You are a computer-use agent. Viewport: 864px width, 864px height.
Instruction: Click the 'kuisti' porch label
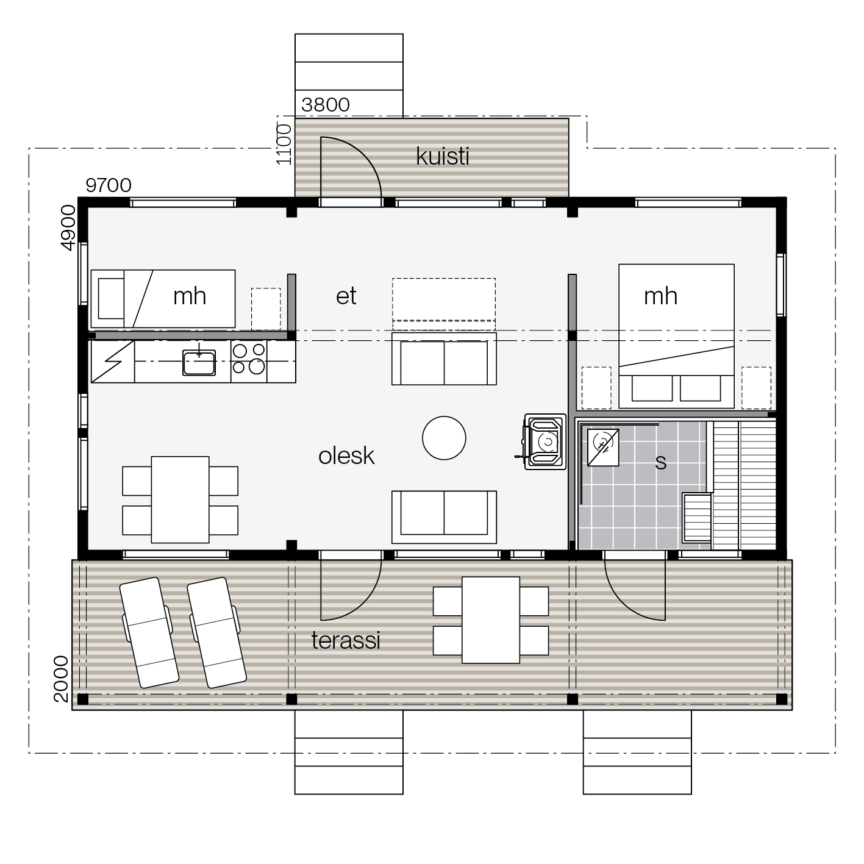click(x=442, y=157)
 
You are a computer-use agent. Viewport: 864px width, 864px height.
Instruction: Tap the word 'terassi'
click(x=346, y=640)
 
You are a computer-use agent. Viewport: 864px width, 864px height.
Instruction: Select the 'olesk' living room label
click(x=346, y=456)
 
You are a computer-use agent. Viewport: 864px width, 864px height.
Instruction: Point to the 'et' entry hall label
click(x=346, y=296)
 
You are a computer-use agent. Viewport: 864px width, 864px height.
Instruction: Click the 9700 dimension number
click(x=109, y=185)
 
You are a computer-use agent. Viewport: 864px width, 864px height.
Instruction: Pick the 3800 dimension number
click(x=326, y=105)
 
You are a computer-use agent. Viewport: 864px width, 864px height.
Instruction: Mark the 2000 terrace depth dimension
click(x=61, y=679)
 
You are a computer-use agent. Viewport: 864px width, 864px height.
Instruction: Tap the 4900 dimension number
click(x=67, y=228)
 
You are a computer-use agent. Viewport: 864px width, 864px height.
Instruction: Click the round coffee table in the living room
click(x=444, y=438)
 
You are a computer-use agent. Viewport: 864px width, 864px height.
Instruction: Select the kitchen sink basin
click(x=199, y=363)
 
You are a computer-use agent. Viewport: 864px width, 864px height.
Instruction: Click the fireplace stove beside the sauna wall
click(x=544, y=441)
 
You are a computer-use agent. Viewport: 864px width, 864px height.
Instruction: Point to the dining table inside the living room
click(x=180, y=499)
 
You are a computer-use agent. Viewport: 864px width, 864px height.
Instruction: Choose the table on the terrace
click(x=490, y=620)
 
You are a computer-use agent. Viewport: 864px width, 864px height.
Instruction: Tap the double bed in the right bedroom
click(x=676, y=337)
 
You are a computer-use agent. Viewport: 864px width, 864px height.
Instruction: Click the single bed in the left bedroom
click(x=163, y=299)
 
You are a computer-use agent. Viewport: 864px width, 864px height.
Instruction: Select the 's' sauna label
click(x=660, y=462)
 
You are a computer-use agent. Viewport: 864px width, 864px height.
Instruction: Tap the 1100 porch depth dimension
click(x=284, y=145)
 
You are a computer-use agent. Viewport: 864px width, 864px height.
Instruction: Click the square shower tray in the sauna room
click(x=603, y=448)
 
